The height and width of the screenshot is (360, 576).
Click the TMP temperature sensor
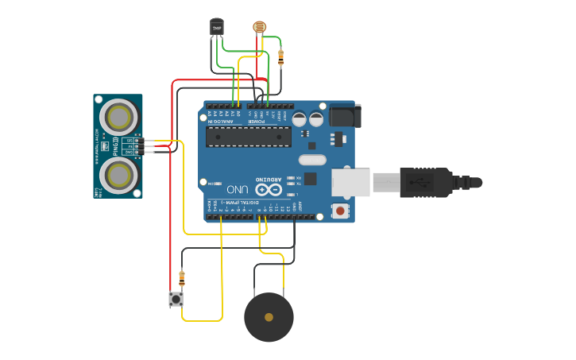point(216,28)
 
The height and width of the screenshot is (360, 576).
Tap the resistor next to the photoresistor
point(280,56)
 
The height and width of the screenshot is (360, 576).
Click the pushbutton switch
point(176,299)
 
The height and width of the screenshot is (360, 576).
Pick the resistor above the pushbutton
point(182,279)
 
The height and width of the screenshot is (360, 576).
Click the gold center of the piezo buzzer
point(269,317)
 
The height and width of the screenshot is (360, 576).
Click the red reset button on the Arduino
point(341,211)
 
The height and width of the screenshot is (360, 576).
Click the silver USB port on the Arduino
point(350,182)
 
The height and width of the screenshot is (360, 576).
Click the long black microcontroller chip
point(248,137)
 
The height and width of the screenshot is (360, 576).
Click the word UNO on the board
point(238,190)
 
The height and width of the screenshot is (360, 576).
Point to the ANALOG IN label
point(223,122)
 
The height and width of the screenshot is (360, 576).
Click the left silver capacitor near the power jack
point(299,119)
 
